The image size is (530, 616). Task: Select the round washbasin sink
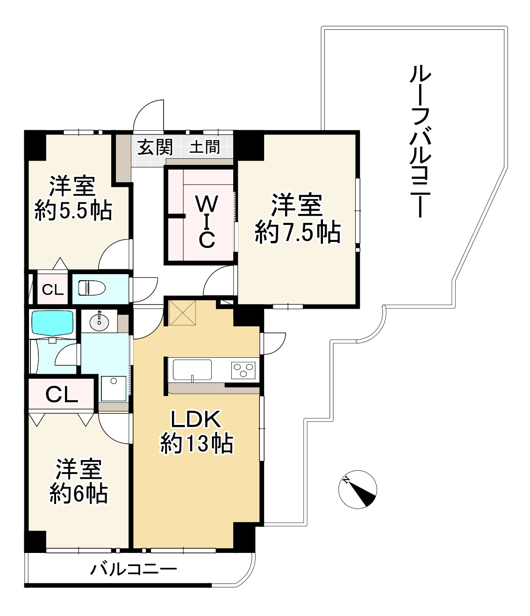pos(99,322)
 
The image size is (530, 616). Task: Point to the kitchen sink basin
pos(192,370)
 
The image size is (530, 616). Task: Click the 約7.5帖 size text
pos(297,232)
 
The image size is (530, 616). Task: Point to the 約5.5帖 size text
pos(74,211)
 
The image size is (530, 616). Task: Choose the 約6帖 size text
pos(79,493)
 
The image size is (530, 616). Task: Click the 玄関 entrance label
pos(155,148)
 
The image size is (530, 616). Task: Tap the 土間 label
pos(204,148)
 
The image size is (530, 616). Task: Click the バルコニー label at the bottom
pos(134,570)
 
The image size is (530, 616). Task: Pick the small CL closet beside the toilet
pos(52,290)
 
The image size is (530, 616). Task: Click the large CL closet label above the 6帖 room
pos(61,396)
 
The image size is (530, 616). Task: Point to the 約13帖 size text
pos(197,444)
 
